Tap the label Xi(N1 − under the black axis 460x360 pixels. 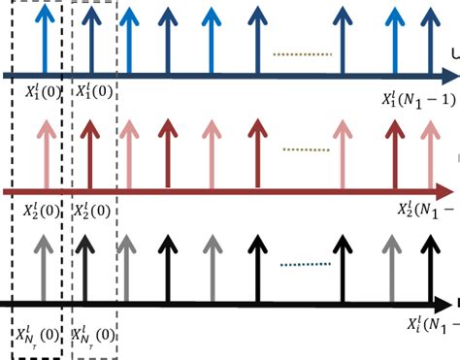click(x=427, y=322)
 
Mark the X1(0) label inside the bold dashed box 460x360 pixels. click(x=43, y=93)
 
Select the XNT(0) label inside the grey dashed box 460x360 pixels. click(x=93, y=336)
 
